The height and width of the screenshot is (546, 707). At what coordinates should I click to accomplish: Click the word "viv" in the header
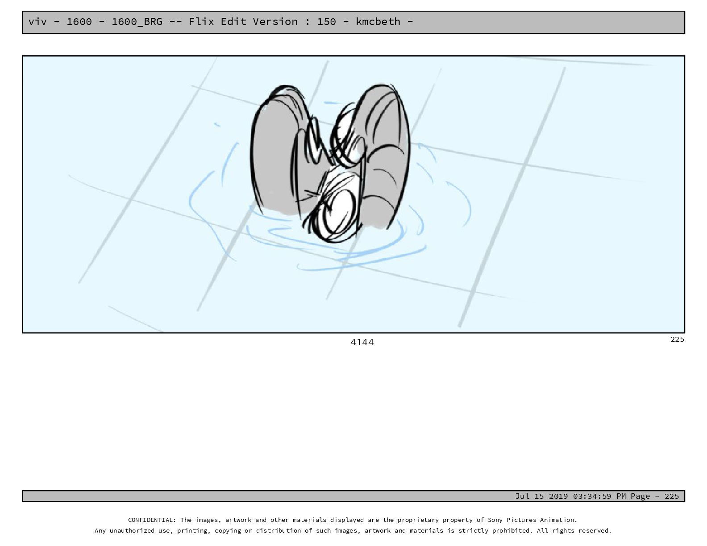(x=37, y=21)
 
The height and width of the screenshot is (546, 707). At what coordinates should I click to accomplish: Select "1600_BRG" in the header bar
(x=137, y=22)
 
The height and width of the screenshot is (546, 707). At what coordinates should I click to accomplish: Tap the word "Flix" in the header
(x=201, y=21)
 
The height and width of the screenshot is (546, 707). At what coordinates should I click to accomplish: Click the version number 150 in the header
(x=326, y=21)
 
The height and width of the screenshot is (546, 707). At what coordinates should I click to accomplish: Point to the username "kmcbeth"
(x=378, y=21)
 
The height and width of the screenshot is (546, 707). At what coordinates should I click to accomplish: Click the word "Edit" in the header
(x=233, y=21)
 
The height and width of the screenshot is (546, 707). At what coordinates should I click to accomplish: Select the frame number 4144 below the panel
(x=362, y=342)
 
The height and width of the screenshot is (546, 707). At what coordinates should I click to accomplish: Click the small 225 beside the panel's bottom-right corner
(x=677, y=339)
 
